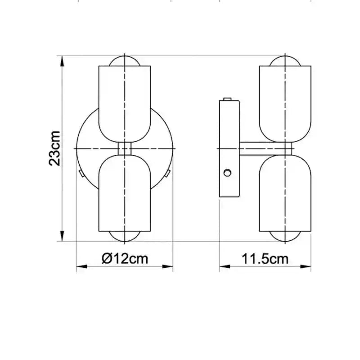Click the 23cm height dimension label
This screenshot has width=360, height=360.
(x=54, y=148)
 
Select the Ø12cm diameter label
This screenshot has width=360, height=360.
(x=125, y=259)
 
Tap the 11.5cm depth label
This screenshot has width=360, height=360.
(x=265, y=259)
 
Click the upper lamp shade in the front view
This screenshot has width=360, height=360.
(x=125, y=101)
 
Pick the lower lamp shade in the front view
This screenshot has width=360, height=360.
(x=125, y=193)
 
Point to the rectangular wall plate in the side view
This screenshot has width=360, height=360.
(x=229, y=148)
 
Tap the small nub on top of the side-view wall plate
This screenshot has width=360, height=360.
(x=227, y=99)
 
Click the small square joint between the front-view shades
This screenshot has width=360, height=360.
(x=125, y=148)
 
